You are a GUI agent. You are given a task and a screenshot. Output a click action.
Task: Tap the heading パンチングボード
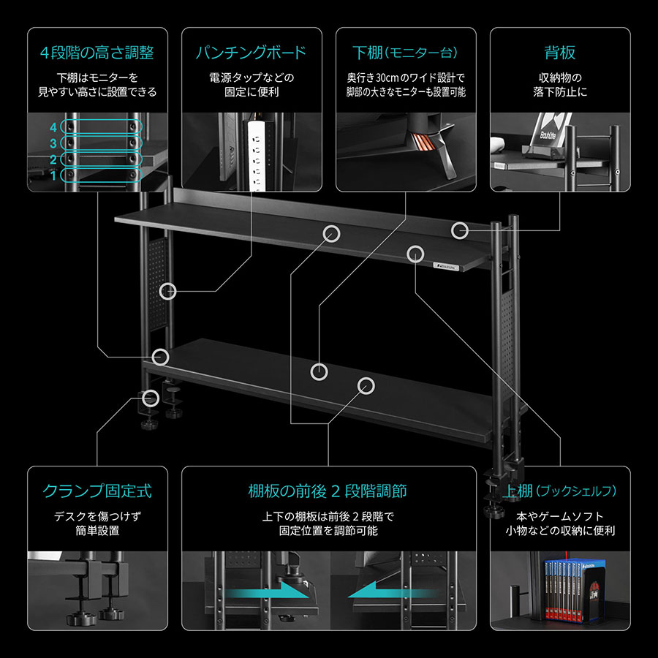(x=251, y=53)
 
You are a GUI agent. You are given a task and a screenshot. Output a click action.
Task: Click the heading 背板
(x=559, y=53)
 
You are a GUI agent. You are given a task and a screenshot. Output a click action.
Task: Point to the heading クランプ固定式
(x=97, y=491)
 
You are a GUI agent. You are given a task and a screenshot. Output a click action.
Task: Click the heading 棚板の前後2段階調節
(x=328, y=491)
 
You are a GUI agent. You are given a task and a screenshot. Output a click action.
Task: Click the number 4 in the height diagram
(x=53, y=127)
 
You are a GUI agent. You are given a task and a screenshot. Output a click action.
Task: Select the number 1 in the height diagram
(x=53, y=175)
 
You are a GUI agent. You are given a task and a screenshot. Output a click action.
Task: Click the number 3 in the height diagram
(x=53, y=143)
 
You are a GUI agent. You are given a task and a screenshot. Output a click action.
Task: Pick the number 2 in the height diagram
(x=53, y=159)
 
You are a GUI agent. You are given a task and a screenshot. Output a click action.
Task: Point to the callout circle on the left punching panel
(x=168, y=291)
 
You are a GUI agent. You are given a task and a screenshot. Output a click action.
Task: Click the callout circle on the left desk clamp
(x=151, y=398)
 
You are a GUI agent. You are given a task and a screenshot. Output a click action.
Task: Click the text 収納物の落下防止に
(x=559, y=85)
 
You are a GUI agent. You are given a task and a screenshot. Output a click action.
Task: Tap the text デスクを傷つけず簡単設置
(x=97, y=523)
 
